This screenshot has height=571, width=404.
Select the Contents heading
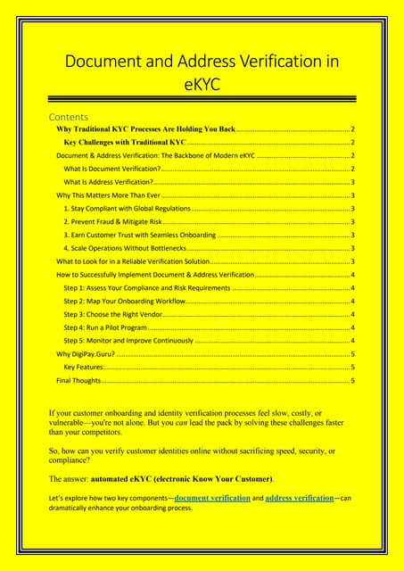(x=68, y=117)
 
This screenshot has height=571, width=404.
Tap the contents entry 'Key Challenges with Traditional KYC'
(x=125, y=142)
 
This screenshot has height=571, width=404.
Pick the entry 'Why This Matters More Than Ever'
(x=108, y=194)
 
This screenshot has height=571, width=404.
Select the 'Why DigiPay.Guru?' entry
(x=85, y=354)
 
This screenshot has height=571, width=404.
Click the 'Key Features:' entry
(x=85, y=367)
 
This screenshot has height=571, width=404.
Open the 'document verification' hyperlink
(x=212, y=497)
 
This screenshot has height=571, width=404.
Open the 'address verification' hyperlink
(x=299, y=497)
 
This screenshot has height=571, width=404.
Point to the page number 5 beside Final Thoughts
(x=353, y=380)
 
